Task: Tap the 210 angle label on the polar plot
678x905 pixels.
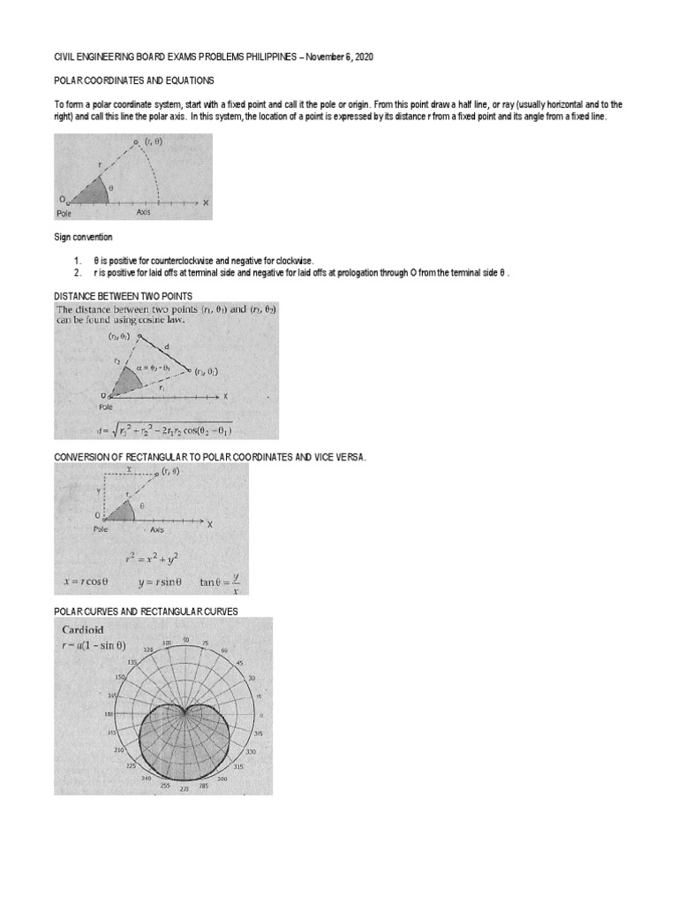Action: tap(120, 750)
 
